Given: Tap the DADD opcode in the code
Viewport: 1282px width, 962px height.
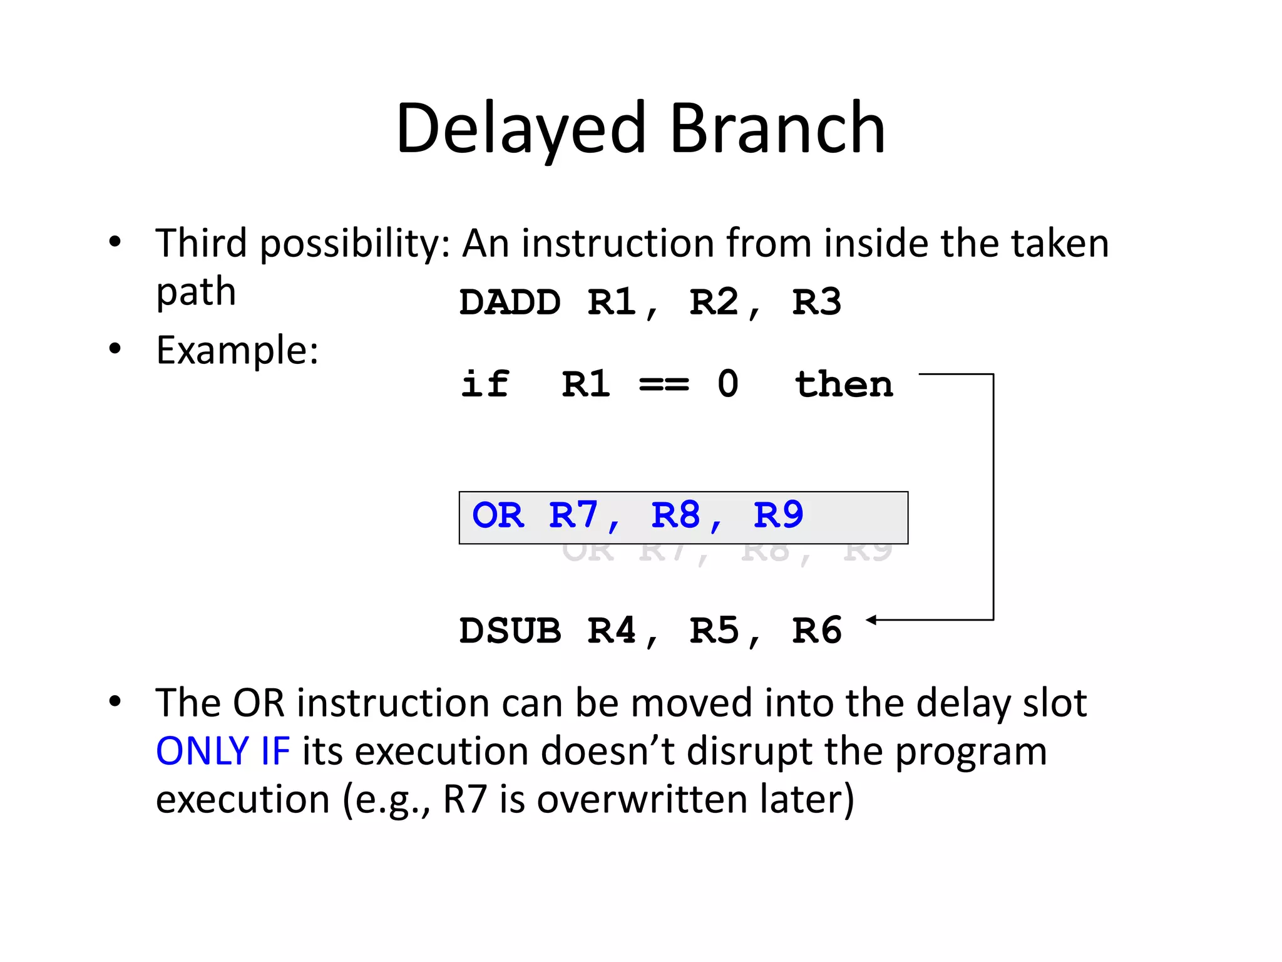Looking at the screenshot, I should click(x=510, y=303).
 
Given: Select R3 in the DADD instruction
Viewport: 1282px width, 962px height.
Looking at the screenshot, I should click(x=816, y=303).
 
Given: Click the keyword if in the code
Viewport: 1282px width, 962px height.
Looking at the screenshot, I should click(x=485, y=384).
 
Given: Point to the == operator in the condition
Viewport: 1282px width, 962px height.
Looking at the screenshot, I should click(x=664, y=385).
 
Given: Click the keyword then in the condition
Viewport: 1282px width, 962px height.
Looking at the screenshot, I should click(x=843, y=384).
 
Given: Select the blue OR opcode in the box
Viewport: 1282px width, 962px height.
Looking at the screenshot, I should click(x=498, y=516).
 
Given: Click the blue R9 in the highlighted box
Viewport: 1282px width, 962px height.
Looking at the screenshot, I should click(x=778, y=516).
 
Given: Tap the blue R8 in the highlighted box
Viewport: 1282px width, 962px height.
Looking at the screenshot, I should click(x=676, y=516).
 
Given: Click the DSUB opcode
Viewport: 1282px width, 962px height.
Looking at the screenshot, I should click(x=510, y=631).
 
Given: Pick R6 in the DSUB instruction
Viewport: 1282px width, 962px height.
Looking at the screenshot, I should click(x=816, y=631).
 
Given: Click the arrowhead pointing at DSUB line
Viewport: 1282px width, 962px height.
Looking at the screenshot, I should click(x=871, y=619).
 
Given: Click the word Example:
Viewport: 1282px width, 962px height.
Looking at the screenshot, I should click(x=237, y=350).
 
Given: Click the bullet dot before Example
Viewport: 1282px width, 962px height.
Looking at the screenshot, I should click(x=115, y=349).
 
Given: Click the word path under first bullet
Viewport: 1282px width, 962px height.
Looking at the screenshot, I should click(x=196, y=293).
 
